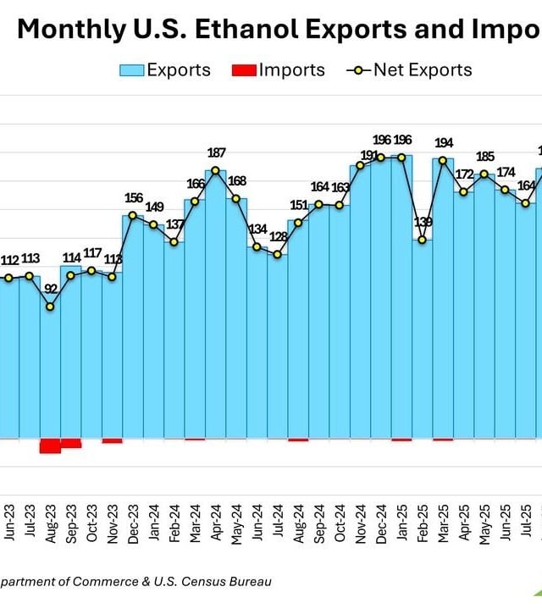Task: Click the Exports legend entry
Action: (x=165, y=69)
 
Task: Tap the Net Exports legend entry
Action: (x=409, y=69)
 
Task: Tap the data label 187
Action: (x=216, y=152)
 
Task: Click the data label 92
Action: (x=51, y=290)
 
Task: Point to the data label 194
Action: (x=444, y=142)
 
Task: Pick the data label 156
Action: (x=134, y=198)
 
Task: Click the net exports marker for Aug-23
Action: (x=50, y=307)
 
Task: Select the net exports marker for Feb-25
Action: (x=423, y=240)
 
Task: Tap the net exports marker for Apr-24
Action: (x=216, y=170)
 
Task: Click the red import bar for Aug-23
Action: (x=50, y=445)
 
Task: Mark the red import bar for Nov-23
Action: (x=112, y=440)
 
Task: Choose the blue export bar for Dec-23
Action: (x=134, y=330)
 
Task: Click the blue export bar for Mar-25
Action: (x=443, y=296)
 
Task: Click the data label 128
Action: (x=279, y=237)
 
